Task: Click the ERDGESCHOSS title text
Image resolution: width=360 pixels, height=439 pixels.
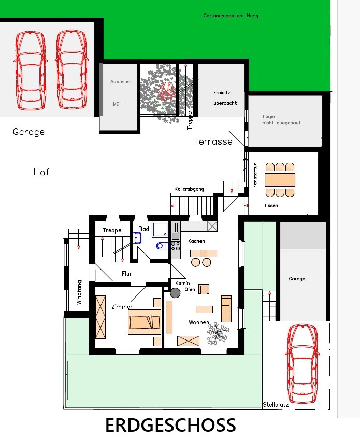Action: [170, 426]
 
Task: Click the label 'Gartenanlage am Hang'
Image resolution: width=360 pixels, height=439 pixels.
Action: [231, 16]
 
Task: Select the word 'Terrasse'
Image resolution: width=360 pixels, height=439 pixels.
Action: [213, 141]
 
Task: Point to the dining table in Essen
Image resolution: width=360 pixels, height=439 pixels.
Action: [280, 180]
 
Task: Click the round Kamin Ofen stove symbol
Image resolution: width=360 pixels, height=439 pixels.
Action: [175, 293]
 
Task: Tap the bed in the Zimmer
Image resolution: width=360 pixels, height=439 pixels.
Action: [145, 322]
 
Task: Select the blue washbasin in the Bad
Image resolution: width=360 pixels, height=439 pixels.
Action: [138, 237]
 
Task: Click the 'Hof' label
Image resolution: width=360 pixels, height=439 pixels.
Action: [41, 172]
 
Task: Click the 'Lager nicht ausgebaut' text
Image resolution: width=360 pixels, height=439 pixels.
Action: [281, 120]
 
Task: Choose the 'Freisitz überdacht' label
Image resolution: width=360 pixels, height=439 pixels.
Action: [225, 97]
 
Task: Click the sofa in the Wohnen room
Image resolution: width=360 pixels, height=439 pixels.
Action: [226, 308]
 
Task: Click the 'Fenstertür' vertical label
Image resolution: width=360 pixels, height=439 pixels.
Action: [255, 175]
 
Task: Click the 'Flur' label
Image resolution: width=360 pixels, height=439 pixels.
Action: [127, 273]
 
